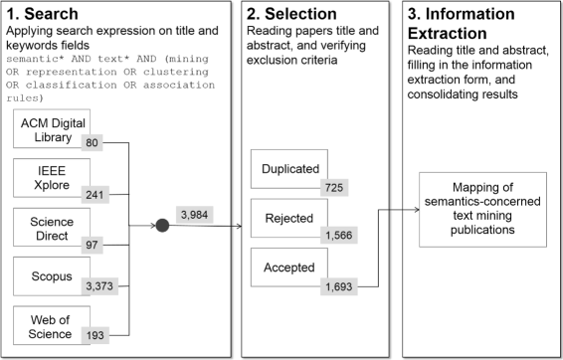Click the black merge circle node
[162, 227]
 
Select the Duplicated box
[289, 170]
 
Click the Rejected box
[289, 218]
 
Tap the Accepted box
[289, 267]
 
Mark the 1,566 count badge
[338, 237]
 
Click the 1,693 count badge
[338, 286]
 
